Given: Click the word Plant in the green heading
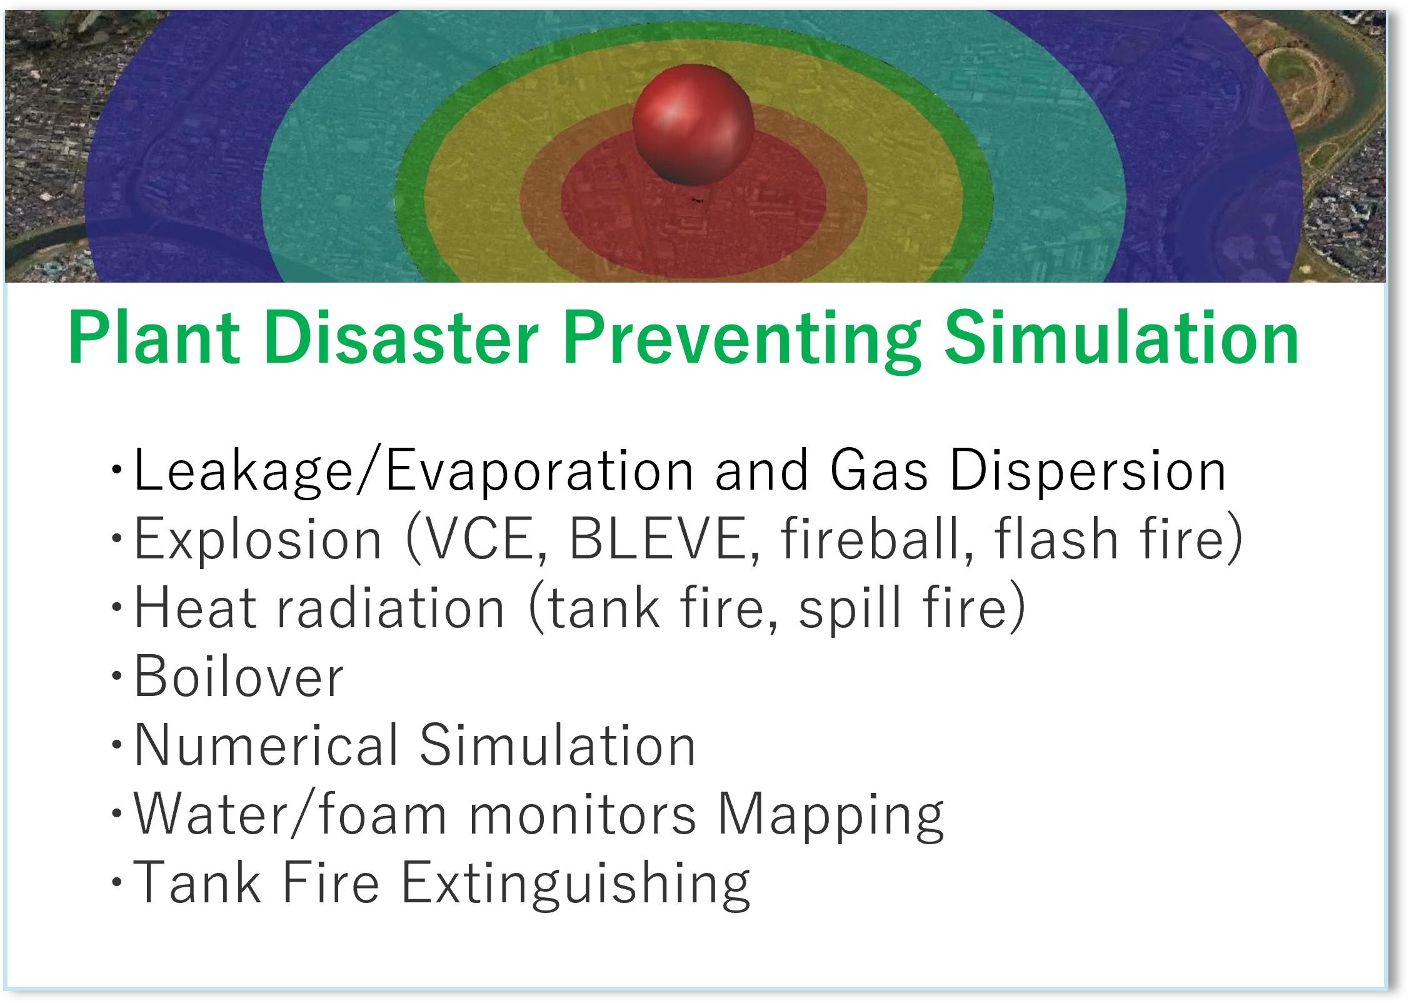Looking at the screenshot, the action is point(154,338).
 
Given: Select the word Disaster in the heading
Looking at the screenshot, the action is point(401,338).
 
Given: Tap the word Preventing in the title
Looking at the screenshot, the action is point(742,341).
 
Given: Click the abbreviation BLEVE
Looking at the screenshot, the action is point(664,538).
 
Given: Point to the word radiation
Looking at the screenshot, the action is point(391,607).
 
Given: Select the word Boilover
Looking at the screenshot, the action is point(239,676).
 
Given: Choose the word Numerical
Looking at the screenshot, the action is point(266,745).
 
